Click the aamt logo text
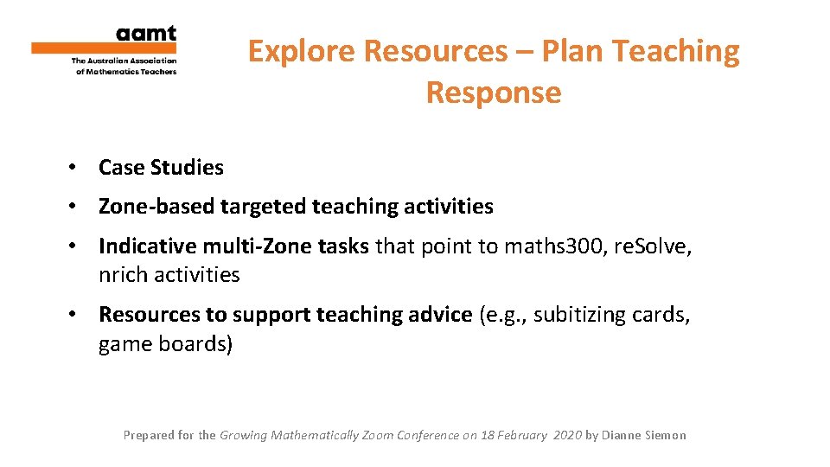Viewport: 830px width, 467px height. pos(146,35)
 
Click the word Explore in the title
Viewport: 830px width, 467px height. pos(302,52)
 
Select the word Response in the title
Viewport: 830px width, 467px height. pos(494,93)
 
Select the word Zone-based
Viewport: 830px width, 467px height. pos(156,207)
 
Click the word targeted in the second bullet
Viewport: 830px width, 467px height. pos(264,207)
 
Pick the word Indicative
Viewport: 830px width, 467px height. pos(146,246)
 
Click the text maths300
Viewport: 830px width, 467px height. pos(564,246)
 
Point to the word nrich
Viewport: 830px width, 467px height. pos(122,275)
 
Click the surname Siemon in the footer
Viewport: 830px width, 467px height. pos(663,435)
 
